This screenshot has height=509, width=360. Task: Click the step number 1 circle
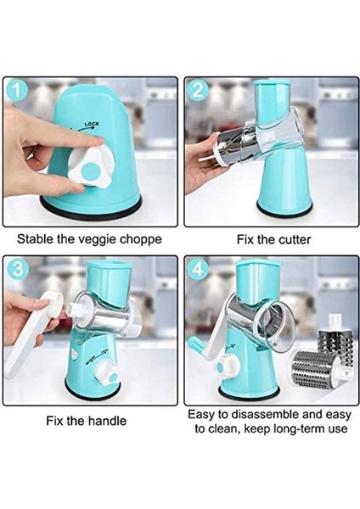[x=16, y=90]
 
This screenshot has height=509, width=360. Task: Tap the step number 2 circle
[x=198, y=90]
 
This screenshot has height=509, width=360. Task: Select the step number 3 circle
[x=17, y=269]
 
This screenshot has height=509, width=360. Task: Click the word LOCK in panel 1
[x=92, y=124]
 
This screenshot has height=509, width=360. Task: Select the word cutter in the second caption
[x=295, y=240]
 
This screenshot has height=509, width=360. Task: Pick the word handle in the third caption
[x=107, y=421]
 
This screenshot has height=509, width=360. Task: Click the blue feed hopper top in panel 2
[x=272, y=98]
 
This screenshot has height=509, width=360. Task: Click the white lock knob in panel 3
[x=107, y=374]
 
